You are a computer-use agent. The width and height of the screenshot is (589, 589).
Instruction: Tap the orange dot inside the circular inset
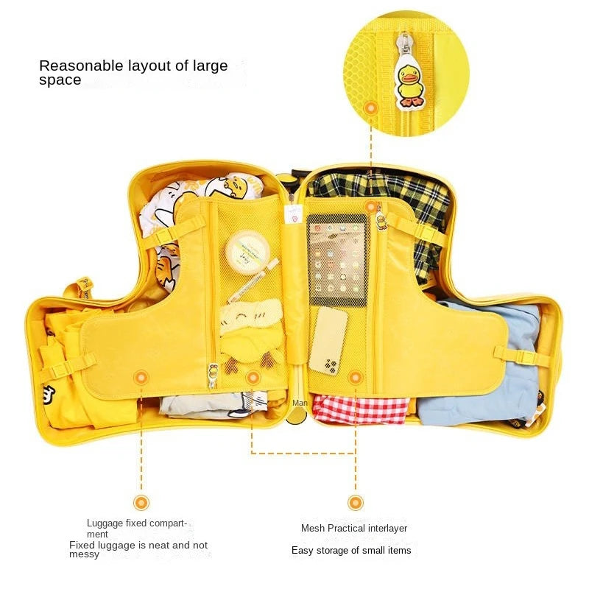(372, 107)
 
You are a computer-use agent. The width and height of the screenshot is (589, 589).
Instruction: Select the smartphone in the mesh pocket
(328, 339)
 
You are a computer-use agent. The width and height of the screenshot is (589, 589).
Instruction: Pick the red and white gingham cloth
(361, 409)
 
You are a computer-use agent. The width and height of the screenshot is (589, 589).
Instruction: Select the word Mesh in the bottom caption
(313, 528)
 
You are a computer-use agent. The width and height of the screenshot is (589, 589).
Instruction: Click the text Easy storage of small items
(351, 550)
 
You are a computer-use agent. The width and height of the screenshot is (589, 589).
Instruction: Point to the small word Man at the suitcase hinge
(300, 403)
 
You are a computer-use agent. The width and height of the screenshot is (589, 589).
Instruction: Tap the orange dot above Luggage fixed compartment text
(141, 503)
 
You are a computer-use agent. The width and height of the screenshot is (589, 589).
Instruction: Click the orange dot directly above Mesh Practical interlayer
(356, 503)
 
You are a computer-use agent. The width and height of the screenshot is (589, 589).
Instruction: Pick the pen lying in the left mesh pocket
(253, 281)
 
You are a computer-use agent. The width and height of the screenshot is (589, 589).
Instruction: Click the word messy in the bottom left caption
(84, 554)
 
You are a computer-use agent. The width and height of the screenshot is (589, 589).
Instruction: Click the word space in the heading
(60, 80)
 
